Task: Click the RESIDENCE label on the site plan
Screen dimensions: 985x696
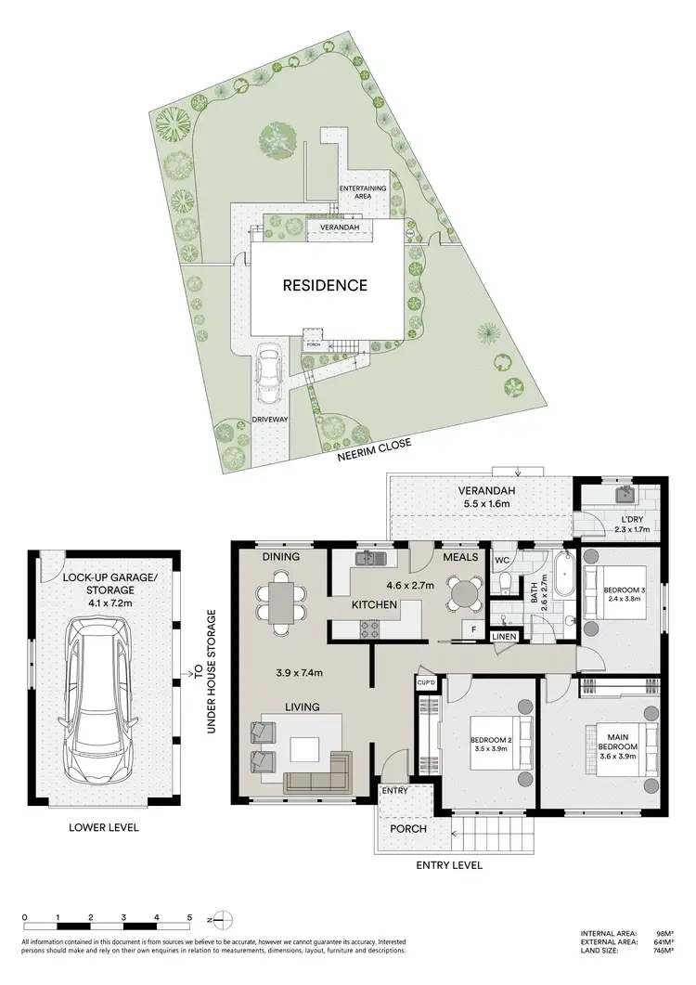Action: [325, 285]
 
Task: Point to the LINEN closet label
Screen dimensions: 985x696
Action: [503, 637]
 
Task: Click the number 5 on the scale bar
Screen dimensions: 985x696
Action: [189, 916]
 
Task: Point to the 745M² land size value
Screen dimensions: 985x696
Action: [662, 950]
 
